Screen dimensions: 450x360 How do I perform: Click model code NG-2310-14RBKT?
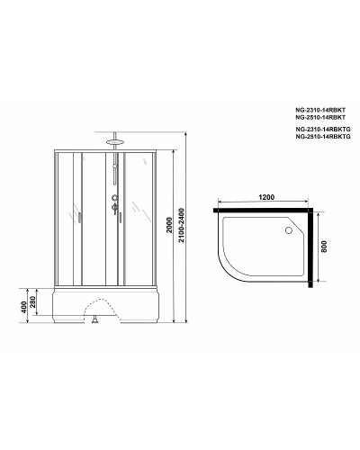[x=319, y=108]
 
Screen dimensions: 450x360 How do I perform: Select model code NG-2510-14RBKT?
[x=319, y=117]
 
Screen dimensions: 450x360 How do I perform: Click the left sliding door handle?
[x=78, y=217]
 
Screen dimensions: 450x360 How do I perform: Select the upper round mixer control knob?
[x=115, y=199]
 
